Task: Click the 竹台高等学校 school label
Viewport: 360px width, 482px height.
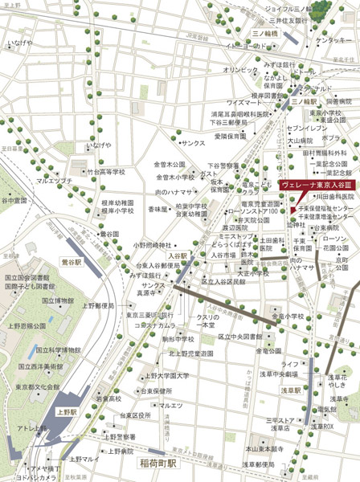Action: click(107, 171)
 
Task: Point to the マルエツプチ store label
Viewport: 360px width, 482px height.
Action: click(55, 181)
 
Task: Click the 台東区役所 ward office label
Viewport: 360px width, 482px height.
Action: click(135, 415)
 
